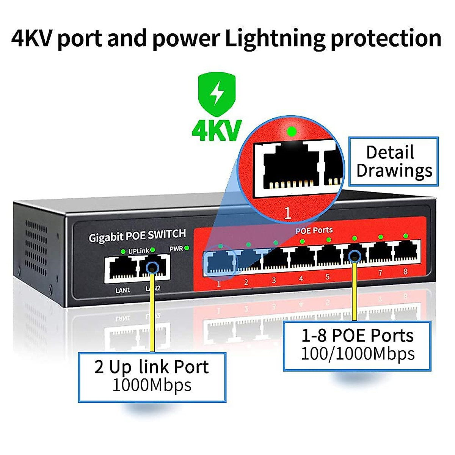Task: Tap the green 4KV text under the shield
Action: pos(217,130)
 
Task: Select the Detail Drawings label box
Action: pos(394,162)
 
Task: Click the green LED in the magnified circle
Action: pos(291,132)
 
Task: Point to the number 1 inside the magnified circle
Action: pos(287,213)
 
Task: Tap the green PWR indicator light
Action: pos(187,248)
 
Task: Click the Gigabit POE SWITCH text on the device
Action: pos(137,236)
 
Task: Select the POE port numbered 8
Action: pos(406,253)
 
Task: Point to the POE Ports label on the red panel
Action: pos(314,230)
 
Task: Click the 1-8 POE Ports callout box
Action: pos(357,345)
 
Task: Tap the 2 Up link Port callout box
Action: pos(152,377)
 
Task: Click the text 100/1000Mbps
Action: pos(357,354)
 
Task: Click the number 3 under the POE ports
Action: pos(274,281)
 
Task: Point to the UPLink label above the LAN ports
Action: pos(138,251)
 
